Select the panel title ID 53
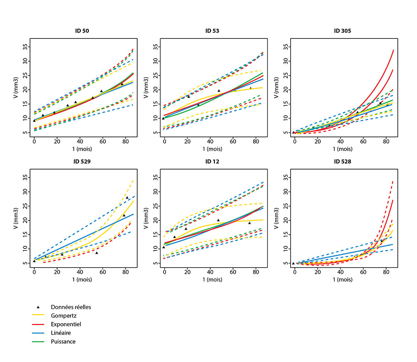[x=212, y=31]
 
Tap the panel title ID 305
[x=343, y=31]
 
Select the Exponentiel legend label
[x=65, y=324]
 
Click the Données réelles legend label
[x=71, y=307]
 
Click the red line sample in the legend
[x=38, y=324]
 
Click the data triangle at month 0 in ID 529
[x=34, y=261]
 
